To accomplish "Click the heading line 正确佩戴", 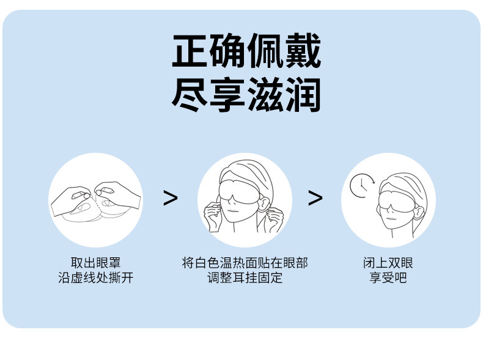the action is point(246,52).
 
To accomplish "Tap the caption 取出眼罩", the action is point(95,263).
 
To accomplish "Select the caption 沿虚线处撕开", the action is point(95,278).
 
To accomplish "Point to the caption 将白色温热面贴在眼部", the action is point(245,263).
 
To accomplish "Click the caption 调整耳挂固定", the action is point(245,278).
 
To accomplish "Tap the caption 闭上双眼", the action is point(388,263).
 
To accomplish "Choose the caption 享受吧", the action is point(388,278).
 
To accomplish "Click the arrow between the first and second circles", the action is point(171,198).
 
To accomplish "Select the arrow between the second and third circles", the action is point(315,198).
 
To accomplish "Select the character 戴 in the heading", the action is point(302,52).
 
